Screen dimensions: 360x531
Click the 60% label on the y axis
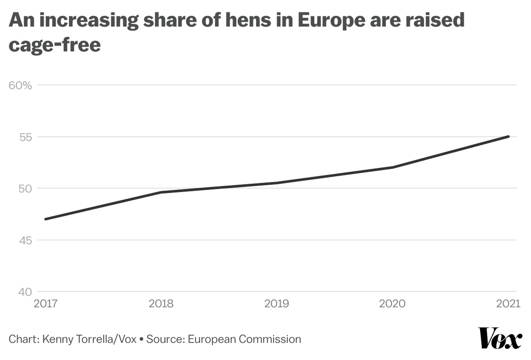tap(20, 85)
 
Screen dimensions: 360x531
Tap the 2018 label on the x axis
tap(161, 304)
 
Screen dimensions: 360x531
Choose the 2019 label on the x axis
tap(277, 304)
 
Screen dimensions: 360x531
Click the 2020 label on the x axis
tap(392, 304)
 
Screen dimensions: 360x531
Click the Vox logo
tap(500, 339)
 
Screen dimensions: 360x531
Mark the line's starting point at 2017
tap(45, 219)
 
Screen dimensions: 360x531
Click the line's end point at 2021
tap(508, 136)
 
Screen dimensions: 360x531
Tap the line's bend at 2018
tap(161, 192)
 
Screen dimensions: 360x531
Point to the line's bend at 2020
tap(392, 167)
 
